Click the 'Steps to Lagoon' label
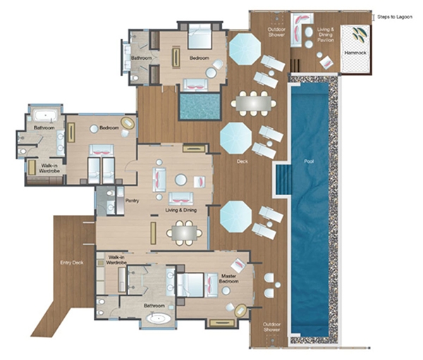point(394,17)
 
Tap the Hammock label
point(355,53)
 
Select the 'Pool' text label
point(309,161)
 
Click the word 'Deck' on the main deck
point(243,161)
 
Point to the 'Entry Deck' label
point(72,263)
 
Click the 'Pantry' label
point(133,201)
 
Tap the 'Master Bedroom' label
point(228,278)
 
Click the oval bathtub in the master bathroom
point(159,318)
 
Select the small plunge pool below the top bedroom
point(200,106)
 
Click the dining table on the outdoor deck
point(253,104)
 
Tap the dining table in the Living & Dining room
point(184,233)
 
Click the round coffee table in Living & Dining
point(180,180)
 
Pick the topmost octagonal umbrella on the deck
point(245,49)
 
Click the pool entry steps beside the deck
point(283,180)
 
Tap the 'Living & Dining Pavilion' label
point(326,35)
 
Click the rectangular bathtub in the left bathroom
point(46,116)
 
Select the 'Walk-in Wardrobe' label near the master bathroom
point(116,260)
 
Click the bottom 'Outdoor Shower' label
point(271,327)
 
